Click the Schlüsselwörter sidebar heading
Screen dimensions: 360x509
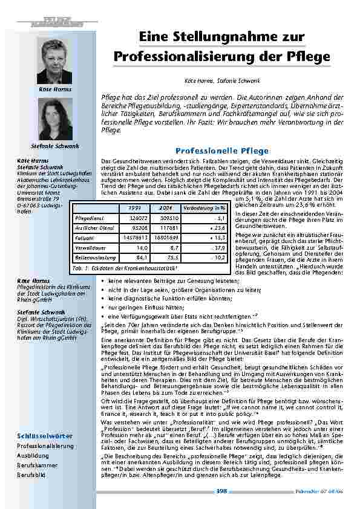point(46,435)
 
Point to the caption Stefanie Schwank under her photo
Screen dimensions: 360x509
point(54,146)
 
